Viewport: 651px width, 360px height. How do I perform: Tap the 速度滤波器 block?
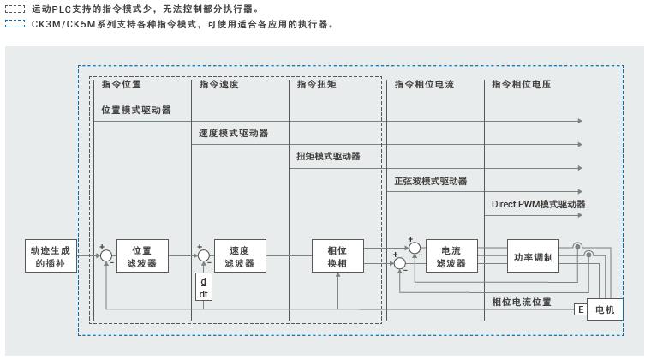click(x=240, y=256)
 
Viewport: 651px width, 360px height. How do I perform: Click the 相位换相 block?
click(x=337, y=256)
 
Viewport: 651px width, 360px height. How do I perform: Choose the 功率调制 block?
click(x=534, y=256)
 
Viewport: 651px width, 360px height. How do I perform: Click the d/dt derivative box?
click(x=204, y=288)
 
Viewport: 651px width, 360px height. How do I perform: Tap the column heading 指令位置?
click(x=121, y=85)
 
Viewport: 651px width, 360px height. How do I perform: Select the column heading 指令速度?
click(x=218, y=85)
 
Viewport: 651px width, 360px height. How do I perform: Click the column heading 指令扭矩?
click(x=316, y=85)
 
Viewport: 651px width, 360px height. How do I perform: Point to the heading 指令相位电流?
click(x=424, y=85)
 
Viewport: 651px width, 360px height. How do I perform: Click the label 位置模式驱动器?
click(x=136, y=111)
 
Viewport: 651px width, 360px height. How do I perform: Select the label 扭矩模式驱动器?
click(x=329, y=157)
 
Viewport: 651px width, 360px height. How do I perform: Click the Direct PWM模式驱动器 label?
click(x=539, y=205)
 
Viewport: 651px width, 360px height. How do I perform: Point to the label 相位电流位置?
click(x=522, y=302)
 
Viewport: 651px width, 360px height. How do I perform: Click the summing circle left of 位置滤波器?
click(x=106, y=255)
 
